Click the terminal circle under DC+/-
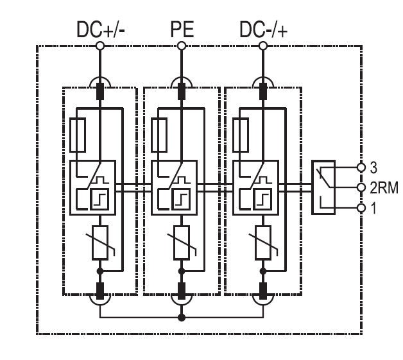(x=100, y=46)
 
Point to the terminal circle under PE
(x=182, y=46)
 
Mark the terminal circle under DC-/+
(x=262, y=46)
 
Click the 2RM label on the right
(x=384, y=187)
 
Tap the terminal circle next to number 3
(x=362, y=167)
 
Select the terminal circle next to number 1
(x=362, y=208)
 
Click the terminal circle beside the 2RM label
(x=362, y=187)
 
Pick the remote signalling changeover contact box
(x=323, y=187)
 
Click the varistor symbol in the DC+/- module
(x=100, y=243)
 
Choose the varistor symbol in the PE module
(x=182, y=243)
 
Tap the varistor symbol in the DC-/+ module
(x=262, y=243)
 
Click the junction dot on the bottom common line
(x=182, y=318)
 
